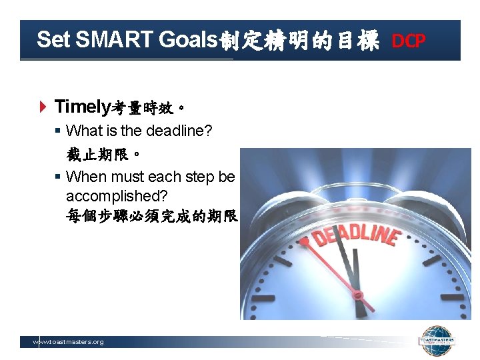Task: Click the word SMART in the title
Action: [x=114, y=40]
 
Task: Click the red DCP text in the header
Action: [x=408, y=41]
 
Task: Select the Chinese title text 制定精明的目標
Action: [x=299, y=41]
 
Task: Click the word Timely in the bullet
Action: [x=81, y=106]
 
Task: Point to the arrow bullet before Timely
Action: [x=43, y=107]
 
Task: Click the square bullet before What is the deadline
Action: [x=58, y=131]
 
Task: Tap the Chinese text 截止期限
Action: [x=103, y=155]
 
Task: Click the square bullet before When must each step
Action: [x=58, y=177]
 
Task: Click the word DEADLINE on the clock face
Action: [x=356, y=236]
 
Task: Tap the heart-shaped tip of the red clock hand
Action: [x=305, y=241]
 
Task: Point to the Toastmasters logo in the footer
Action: [x=436, y=341]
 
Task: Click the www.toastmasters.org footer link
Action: [x=69, y=342]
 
